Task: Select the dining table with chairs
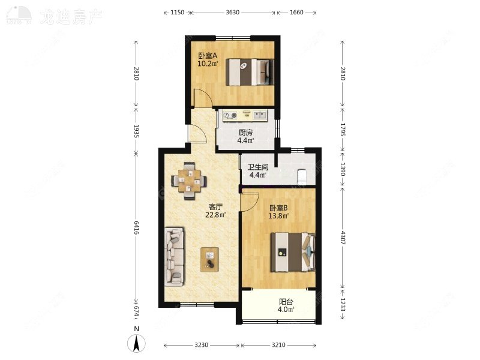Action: pyautogui.click(x=190, y=179)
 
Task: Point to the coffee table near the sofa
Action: pyautogui.click(x=210, y=259)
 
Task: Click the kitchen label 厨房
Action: pyautogui.click(x=245, y=133)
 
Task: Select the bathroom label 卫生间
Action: pyautogui.click(x=258, y=167)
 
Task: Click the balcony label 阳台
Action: pyautogui.click(x=286, y=302)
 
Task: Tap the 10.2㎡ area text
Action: pyautogui.click(x=208, y=63)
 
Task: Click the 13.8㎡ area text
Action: pyautogui.click(x=279, y=215)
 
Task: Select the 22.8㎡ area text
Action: pyautogui.click(x=215, y=215)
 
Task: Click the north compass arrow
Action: pyautogui.click(x=137, y=343)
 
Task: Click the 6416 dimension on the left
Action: pyautogui.click(x=136, y=228)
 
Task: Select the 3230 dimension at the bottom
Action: pyautogui.click(x=202, y=346)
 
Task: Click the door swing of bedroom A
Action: pyautogui.click(x=203, y=98)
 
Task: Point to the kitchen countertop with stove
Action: pyautogui.click(x=245, y=115)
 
